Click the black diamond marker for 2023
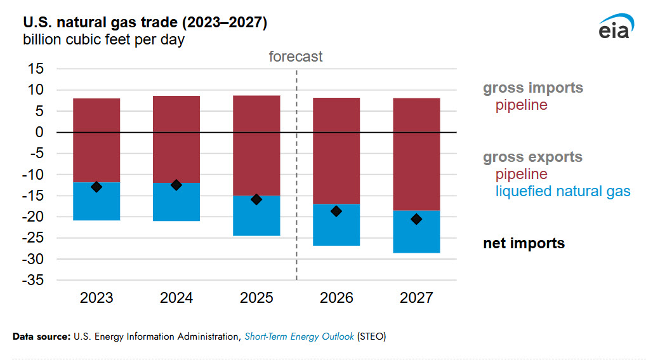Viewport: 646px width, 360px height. coord(96,187)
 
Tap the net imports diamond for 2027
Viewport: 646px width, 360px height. coord(416,219)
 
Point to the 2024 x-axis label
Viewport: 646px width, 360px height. coord(176,298)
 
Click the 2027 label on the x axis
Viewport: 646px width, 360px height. coord(416,298)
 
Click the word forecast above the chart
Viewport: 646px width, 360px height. coord(296,57)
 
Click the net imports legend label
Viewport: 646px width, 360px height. coord(524,243)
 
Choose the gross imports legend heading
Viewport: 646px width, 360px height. coord(532,88)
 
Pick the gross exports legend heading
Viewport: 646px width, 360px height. coord(532,157)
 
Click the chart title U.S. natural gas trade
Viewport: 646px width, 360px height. coord(145,23)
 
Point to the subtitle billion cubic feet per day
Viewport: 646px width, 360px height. coord(103,39)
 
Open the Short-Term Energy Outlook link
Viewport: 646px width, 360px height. coord(299,337)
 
